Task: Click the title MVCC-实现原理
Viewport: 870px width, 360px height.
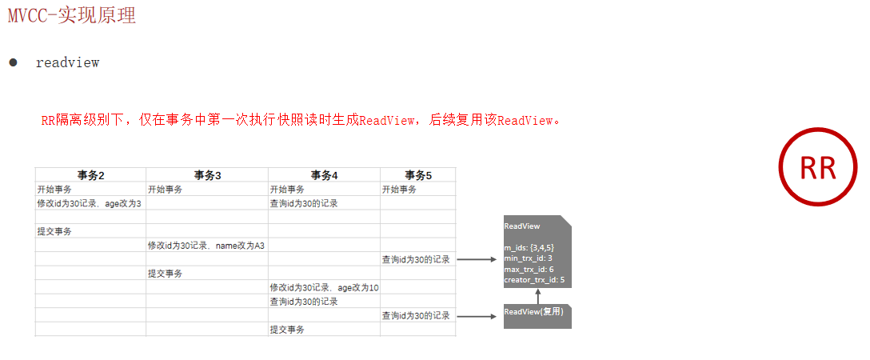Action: pyautogui.click(x=71, y=15)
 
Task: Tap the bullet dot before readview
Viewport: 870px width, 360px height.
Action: pyautogui.click(x=13, y=62)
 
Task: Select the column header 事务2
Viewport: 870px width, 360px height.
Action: pyautogui.click(x=91, y=175)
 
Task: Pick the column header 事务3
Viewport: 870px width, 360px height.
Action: pyautogui.click(x=207, y=175)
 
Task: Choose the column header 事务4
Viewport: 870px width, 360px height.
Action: pyautogui.click(x=324, y=175)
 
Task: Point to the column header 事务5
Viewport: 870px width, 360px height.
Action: pyautogui.click(x=417, y=175)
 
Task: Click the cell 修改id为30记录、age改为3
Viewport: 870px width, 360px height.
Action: pyautogui.click(x=89, y=203)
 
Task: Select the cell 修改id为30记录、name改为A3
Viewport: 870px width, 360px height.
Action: pyautogui.click(x=206, y=246)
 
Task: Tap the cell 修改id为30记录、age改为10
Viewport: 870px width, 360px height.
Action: pyautogui.click(x=324, y=287)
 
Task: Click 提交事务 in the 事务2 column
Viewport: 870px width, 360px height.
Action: pyautogui.click(x=54, y=231)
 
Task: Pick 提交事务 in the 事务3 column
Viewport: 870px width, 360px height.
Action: pyautogui.click(x=165, y=274)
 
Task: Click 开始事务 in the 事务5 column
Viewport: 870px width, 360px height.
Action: pyautogui.click(x=399, y=190)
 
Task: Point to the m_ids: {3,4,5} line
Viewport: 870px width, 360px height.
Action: pyautogui.click(x=529, y=248)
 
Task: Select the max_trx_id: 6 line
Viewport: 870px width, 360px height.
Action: pyautogui.click(x=529, y=270)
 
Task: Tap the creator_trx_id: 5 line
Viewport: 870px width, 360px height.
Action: pyautogui.click(x=534, y=280)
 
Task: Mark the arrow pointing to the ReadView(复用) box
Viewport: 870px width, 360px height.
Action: pyautogui.click(x=477, y=316)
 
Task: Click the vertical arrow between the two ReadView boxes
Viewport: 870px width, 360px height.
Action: pyautogui.click(x=537, y=295)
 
